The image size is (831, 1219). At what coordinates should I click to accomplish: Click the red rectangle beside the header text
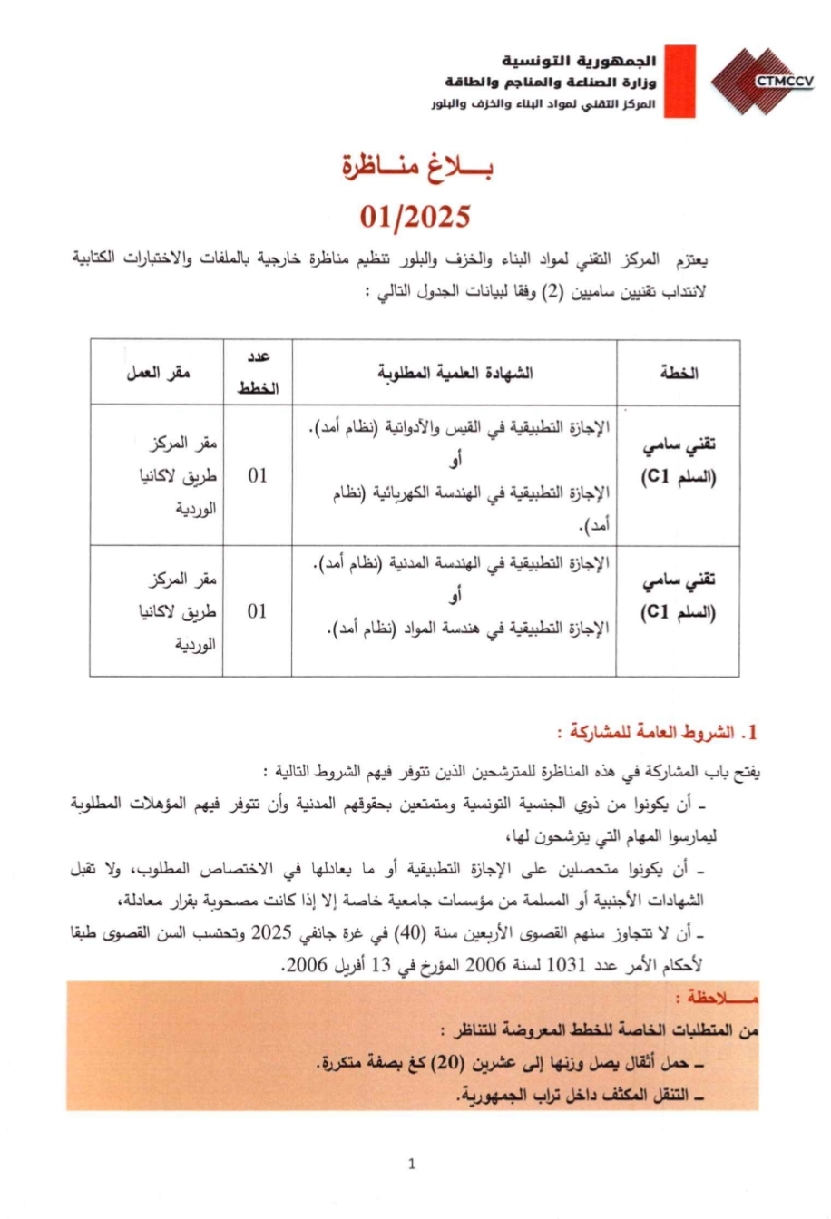679,82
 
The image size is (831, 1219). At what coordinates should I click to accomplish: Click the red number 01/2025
415,217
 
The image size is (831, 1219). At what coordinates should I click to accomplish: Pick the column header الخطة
679,373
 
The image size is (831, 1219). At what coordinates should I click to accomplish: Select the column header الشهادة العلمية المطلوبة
455,373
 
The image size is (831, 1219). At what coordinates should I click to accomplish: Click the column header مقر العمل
158,373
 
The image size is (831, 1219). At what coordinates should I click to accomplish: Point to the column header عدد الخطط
258,373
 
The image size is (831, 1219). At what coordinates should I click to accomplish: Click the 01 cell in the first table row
258,475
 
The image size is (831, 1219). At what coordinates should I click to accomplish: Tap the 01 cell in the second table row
258,611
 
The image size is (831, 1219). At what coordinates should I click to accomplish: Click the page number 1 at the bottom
413,1164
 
